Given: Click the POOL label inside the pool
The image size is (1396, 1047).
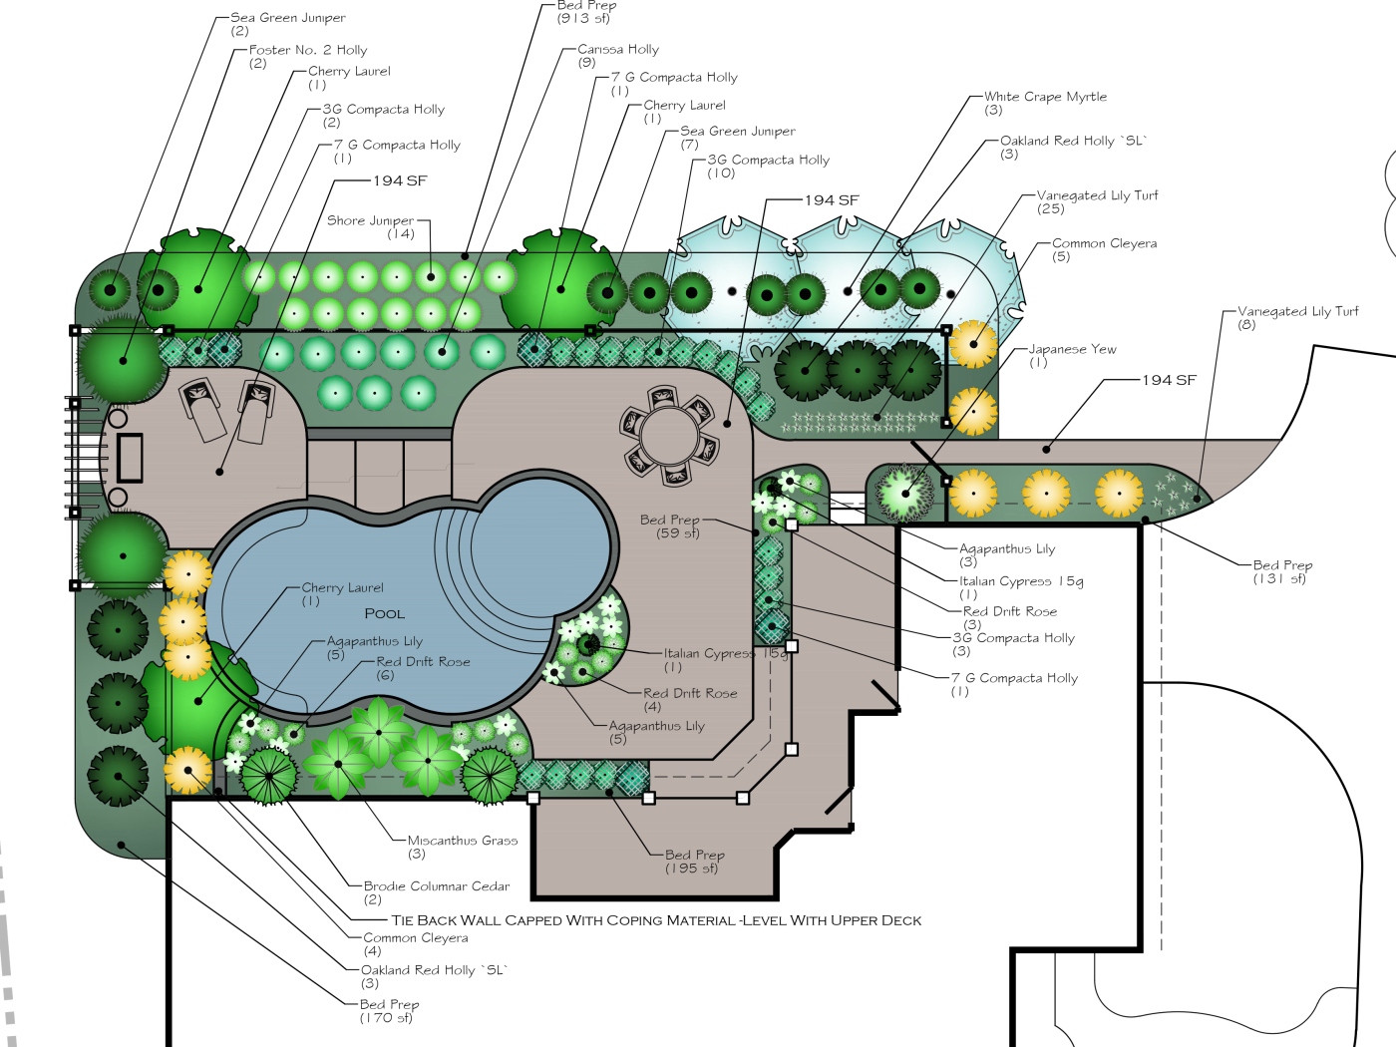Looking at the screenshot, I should coord(384,613).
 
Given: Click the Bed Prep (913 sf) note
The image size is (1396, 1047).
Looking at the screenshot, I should coord(586,11).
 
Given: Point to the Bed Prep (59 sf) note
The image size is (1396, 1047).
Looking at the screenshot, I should coord(670,525).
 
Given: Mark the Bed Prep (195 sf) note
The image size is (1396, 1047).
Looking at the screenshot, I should coord(694,861).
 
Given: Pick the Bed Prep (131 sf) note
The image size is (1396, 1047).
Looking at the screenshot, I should coord(1282,571).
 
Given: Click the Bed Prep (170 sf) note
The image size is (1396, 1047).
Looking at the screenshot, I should coord(389,1010).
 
